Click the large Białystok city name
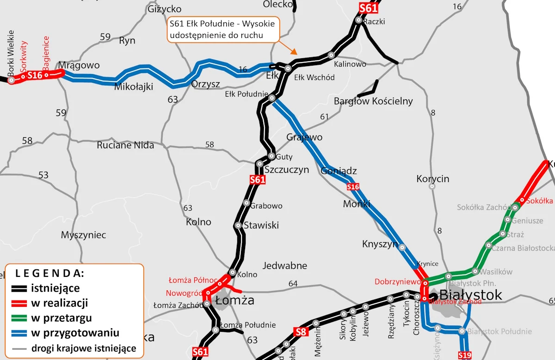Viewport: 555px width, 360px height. coord(470,295)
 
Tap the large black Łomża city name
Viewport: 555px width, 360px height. coord(235,300)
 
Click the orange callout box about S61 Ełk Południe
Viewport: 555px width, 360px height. coord(222,29)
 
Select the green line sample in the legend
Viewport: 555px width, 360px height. coord(20,318)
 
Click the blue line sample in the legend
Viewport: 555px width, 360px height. coord(20,333)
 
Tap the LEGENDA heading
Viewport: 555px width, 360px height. coord(49,273)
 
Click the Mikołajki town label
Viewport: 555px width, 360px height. coord(134,86)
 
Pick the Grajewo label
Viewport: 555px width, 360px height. coord(304,137)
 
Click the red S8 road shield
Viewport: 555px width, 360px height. coord(301,331)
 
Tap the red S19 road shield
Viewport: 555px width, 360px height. coord(465,355)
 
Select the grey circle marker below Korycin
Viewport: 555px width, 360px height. coord(432,187)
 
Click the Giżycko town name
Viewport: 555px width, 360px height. coord(164,9)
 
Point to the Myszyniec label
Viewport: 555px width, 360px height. coord(83,235)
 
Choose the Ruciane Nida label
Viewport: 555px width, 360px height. coord(125,145)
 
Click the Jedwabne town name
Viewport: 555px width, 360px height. coord(285,266)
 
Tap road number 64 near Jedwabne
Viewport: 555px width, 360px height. coord(293,283)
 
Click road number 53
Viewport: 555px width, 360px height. coord(43,175)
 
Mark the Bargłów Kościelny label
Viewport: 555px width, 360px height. coord(373,101)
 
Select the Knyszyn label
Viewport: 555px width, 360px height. coord(380,244)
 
